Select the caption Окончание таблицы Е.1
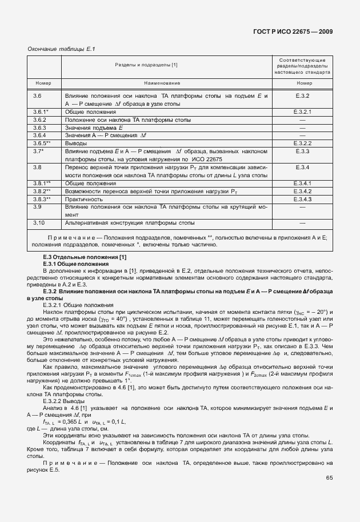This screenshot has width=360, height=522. pyautogui.click(x=61, y=49)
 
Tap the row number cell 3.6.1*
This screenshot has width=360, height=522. pyautogui.click(x=41, y=112)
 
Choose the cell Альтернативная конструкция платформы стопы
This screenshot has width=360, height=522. pyautogui.click(x=130, y=222)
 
